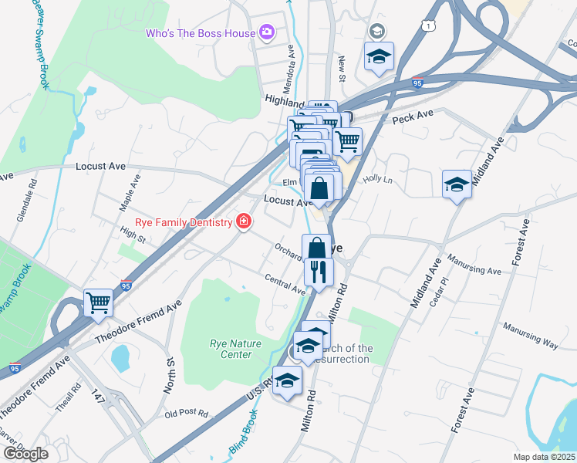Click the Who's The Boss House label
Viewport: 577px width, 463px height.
[201, 33]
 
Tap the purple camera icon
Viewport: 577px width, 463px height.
[267, 32]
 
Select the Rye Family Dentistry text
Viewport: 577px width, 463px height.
[184, 222]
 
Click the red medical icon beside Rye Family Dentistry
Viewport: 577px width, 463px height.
[244, 222]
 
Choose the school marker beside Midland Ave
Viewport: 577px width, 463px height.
[457, 185]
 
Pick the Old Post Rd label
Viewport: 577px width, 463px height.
[187, 414]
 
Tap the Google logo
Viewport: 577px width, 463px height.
[25, 454]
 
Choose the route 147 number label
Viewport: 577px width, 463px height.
[97, 394]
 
